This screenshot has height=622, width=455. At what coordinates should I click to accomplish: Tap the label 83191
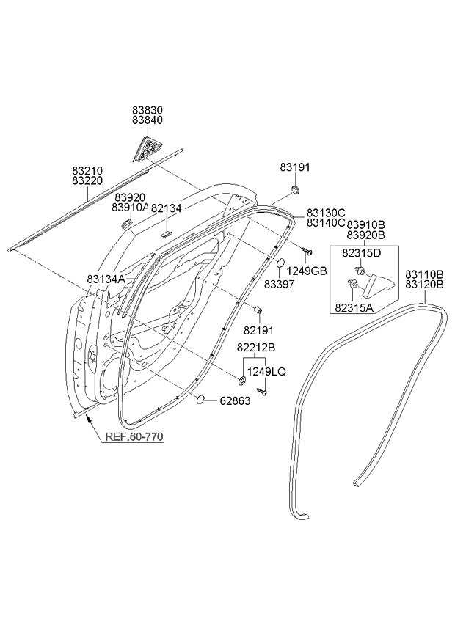pyautogui.click(x=295, y=167)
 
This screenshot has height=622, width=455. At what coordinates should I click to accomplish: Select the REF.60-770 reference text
pyautogui.click(x=132, y=437)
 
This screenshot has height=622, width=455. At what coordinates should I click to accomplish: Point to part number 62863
pyautogui.click(x=232, y=400)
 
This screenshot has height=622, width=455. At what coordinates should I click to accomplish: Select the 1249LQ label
pyautogui.click(x=266, y=372)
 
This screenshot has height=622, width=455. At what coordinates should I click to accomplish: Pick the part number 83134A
pyautogui.click(x=106, y=279)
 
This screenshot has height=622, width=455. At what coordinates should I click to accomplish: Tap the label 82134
pyautogui.click(x=166, y=209)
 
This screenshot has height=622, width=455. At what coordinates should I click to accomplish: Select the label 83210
pyautogui.click(x=87, y=170)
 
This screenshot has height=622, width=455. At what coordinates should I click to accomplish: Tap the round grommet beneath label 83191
pyautogui.click(x=295, y=190)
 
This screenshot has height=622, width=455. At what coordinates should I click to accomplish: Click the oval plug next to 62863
pyautogui.click(x=199, y=400)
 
